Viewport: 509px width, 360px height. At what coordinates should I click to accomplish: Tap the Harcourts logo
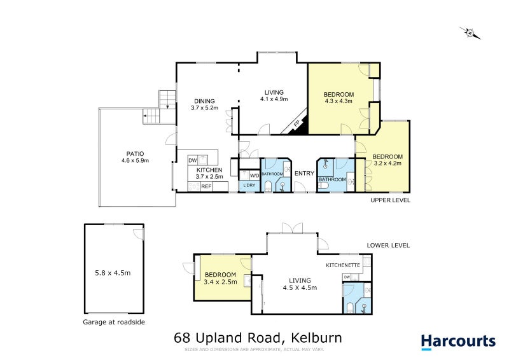pyautogui.click(x=458, y=341)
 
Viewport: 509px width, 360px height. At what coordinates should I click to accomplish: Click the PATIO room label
pyautogui.click(x=135, y=153)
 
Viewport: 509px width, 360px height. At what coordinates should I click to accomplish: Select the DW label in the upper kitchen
pyautogui.click(x=192, y=160)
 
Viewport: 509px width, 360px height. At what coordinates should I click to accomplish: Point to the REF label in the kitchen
pyautogui.click(x=206, y=186)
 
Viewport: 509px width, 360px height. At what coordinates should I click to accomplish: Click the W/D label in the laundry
pyautogui.click(x=254, y=175)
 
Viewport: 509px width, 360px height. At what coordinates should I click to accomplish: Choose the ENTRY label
pyautogui.click(x=305, y=173)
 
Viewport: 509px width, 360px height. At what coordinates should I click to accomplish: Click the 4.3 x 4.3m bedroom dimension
pyautogui.click(x=338, y=100)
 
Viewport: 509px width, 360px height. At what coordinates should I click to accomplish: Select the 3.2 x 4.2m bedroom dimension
pyautogui.click(x=387, y=163)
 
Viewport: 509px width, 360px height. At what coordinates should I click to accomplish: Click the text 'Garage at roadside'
pyautogui.click(x=114, y=322)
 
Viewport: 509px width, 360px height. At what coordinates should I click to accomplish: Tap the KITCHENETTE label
pyautogui.click(x=343, y=265)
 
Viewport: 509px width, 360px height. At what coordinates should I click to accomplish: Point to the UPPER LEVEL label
pyautogui.click(x=390, y=200)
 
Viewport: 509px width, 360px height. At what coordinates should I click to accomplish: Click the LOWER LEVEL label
pyautogui.click(x=388, y=245)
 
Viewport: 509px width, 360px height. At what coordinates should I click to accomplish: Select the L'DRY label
pyautogui.click(x=249, y=185)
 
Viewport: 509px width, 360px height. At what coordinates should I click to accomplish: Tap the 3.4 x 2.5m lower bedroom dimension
pyautogui.click(x=220, y=282)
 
